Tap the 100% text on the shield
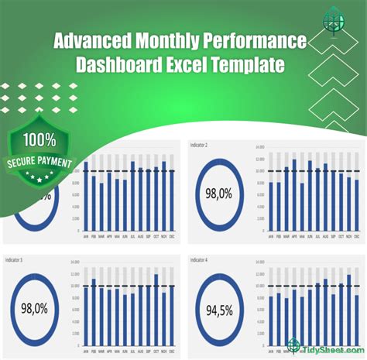coord(38,142)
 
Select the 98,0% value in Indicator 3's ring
coord(35,307)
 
